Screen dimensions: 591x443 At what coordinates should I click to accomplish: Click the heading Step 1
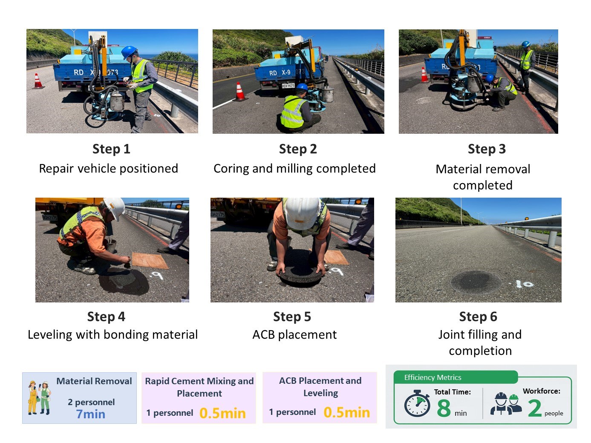click(111, 149)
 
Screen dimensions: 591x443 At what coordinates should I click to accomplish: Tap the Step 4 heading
click(106, 316)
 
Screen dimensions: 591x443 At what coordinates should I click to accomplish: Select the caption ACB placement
click(294, 334)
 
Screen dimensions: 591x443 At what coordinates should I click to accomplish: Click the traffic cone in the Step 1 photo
click(38, 81)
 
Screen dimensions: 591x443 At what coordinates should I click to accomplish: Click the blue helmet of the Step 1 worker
click(129, 52)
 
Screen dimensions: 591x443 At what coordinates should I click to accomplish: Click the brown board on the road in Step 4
click(150, 260)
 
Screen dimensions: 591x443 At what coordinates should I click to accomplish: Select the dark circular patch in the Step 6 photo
click(476, 282)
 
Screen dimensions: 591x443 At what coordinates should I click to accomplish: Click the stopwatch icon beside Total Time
click(417, 403)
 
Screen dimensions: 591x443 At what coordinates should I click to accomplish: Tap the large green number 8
click(444, 408)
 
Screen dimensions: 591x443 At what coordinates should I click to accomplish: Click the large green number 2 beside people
click(534, 408)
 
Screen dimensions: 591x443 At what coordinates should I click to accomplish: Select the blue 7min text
click(90, 414)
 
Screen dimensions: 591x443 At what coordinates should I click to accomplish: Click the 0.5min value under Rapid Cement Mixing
click(222, 413)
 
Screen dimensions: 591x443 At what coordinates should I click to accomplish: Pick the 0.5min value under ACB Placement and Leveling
click(346, 412)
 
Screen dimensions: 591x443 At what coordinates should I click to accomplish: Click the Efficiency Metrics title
click(432, 377)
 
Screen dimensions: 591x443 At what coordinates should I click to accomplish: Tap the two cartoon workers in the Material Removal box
click(39, 398)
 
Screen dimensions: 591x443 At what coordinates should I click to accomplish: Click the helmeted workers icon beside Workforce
click(506, 403)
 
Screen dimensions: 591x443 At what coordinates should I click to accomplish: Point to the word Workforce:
click(541, 391)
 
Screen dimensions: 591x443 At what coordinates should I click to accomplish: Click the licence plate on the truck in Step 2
click(288, 86)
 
